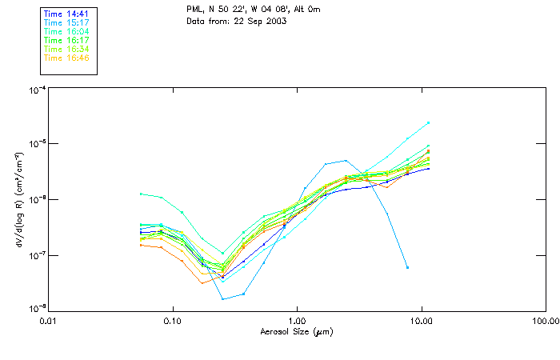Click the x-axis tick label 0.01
pos(49,322)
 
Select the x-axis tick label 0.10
pos(173,322)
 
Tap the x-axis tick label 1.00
pos(297,322)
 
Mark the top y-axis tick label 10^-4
pos(36,90)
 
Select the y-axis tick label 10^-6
pos(36,199)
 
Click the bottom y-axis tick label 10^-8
pos(36,308)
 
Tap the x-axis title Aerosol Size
pos(296,332)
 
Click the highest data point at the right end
pos(429,122)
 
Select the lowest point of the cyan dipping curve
pos(223,299)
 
